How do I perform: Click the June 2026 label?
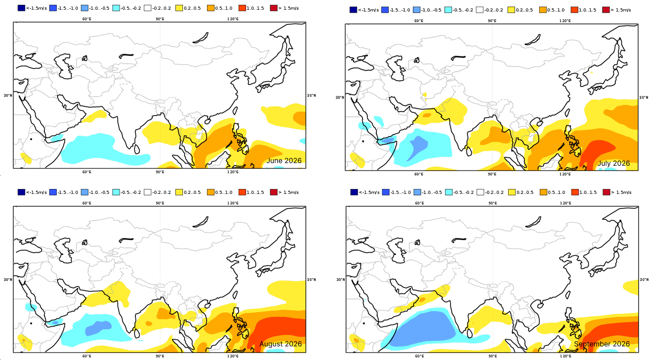284,161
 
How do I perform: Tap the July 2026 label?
614,164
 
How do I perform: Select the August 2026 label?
280,344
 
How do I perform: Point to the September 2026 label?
602,344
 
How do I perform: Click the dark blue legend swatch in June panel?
22,8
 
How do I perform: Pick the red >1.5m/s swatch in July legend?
606,10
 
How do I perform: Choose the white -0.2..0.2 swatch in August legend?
147,192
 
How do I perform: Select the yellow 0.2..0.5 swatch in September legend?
512,192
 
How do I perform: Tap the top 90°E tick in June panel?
160,19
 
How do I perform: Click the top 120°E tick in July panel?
565,21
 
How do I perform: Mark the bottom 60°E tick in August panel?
87,356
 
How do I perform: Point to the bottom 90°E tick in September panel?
492,356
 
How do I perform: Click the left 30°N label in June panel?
8,95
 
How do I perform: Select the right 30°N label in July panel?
644,98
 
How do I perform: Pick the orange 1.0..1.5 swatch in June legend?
242,8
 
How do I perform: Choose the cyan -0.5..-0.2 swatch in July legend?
448,10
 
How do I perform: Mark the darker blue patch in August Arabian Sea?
98,327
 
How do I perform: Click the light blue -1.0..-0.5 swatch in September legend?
418,192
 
